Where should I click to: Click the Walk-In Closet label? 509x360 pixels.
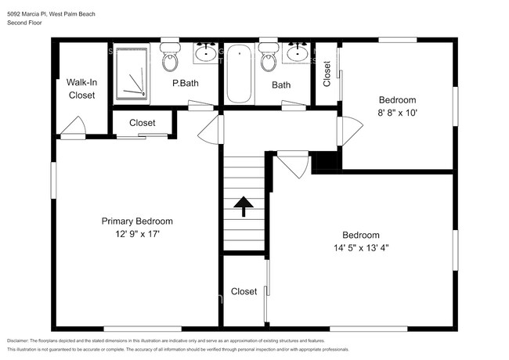(x=81, y=88)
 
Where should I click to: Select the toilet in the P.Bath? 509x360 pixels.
(x=169, y=57)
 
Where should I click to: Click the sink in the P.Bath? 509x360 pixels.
(x=206, y=53)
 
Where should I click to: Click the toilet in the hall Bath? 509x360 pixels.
(x=268, y=57)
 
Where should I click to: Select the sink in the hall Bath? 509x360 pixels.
(x=297, y=53)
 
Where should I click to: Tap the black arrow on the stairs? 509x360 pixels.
(x=244, y=205)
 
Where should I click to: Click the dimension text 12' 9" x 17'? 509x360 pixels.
(x=136, y=234)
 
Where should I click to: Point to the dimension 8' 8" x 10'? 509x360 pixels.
(x=397, y=113)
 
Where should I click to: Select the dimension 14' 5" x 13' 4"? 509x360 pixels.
(x=360, y=248)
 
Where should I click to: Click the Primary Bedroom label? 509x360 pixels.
(x=136, y=221)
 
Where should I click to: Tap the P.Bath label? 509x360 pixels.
(x=185, y=85)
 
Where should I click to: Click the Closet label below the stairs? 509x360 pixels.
(x=244, y=292)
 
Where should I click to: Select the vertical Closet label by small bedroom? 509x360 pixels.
(x=327, y=74)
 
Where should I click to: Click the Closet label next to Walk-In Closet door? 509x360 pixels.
(x=142, y=123)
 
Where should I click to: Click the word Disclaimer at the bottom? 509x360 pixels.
(x=23, y=340)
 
